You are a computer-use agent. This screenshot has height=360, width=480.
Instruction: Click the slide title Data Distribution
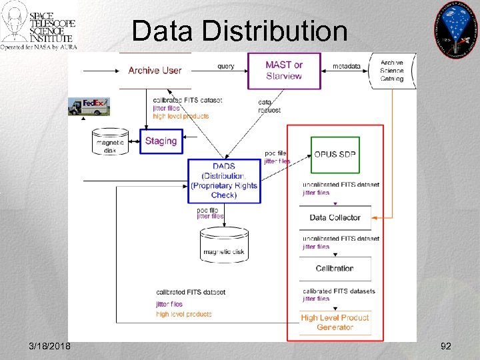(239, 31)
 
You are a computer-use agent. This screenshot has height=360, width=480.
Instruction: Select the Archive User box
(155, 70)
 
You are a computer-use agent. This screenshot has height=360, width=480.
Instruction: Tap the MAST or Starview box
(284, 70)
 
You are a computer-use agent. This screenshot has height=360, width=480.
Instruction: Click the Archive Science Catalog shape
(392, 70)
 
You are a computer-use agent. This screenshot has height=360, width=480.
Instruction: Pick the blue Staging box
(161, 141)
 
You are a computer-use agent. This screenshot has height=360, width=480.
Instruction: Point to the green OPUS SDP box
(335, 154)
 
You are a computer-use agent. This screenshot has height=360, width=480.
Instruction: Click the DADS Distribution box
(223, 181)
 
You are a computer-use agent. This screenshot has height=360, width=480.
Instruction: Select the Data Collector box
(335, 217)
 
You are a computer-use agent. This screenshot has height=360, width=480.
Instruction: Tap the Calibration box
(335, 269)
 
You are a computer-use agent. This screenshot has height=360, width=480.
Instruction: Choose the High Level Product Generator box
(335, 323)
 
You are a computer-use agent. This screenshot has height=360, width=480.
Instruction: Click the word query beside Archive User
(225, 66)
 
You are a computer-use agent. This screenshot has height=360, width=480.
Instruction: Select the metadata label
(346, 66)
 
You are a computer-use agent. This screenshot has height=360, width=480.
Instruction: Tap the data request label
(269, 106)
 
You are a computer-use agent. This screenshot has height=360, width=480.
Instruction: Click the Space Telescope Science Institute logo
(39, 26)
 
